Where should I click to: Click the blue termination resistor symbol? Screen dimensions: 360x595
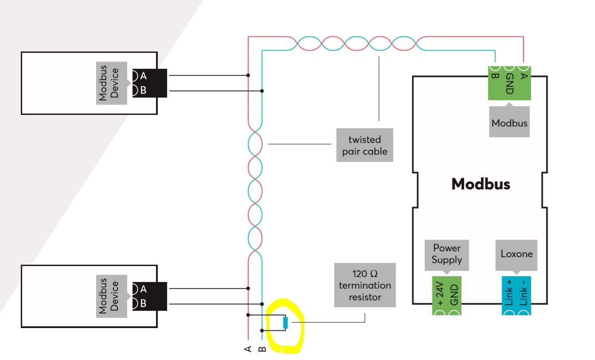(285, 323)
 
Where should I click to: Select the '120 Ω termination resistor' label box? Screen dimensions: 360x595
(364, 285)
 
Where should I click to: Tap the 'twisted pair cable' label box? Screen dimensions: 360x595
(364, 145)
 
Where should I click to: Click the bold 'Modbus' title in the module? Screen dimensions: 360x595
(481, 184)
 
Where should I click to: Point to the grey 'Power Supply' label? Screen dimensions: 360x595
(446, 254)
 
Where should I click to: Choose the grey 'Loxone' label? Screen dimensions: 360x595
(517, 254)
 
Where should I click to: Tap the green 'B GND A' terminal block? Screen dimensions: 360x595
(509, 82)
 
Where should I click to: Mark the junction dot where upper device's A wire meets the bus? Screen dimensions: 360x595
(248, 75)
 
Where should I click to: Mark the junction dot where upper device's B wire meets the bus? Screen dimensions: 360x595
(262, 91)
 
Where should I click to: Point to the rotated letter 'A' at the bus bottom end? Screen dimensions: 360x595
(248, 348)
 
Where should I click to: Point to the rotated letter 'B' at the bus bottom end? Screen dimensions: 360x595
(262, 348)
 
